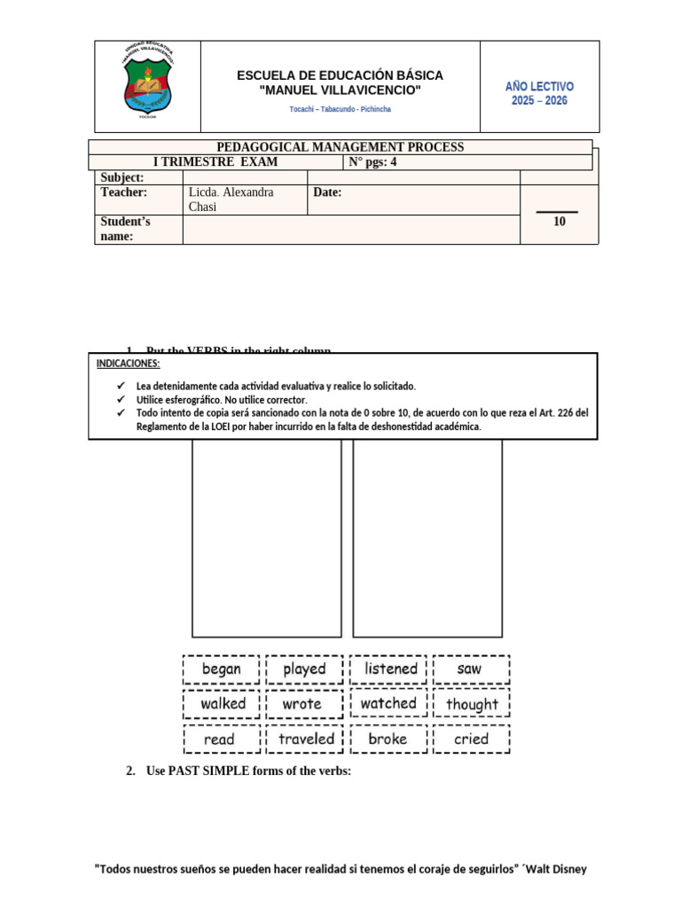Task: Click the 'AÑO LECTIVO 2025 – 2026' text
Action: [539, 93]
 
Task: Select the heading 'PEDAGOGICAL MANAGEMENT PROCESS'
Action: [340, 147]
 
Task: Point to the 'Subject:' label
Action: [122, 178]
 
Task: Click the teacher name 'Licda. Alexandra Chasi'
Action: [231, 200]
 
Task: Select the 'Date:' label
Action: [328, 192]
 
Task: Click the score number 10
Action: [559, 222]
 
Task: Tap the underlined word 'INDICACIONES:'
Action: [129, 364]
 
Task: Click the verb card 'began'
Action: [222, 669]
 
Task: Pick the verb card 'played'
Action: [304, 669]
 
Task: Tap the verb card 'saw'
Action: [470, 669]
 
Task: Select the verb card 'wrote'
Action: [302, 704]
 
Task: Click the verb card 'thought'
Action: [472, 704]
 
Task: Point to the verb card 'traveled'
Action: [306, 739]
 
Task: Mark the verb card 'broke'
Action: [387, 739]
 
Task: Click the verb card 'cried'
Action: [471, 739]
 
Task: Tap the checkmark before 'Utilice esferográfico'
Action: [121, 400]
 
